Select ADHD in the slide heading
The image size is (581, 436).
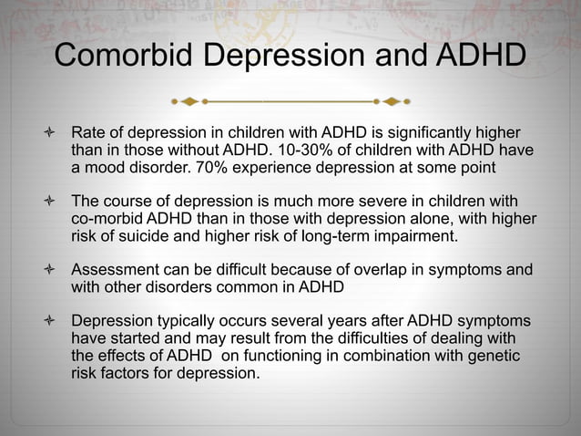point(479,56)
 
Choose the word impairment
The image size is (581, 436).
point(407,237)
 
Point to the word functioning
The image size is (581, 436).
point(274,356)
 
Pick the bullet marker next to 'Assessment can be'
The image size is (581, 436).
point(42,271)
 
